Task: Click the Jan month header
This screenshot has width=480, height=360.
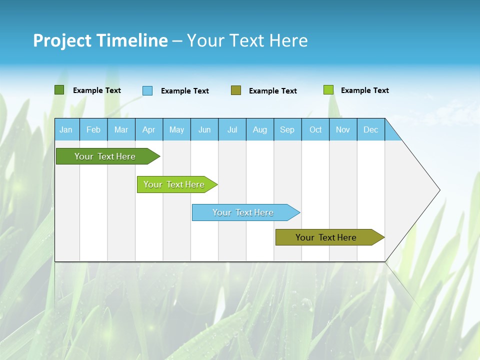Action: tap(66, 129)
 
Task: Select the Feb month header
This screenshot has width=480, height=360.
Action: tap(93, 129)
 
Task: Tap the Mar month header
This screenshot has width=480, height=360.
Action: tap(121, 129)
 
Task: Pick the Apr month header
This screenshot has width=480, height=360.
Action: tap(149, 129)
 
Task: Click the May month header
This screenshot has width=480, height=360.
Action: tap(176, 129)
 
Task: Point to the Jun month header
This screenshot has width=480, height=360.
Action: tap(204, 129)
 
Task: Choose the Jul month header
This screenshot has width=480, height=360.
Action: tap(232, 129)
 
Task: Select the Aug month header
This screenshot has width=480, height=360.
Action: tap(260, 129)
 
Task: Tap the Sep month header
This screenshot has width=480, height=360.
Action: tap(287, 129)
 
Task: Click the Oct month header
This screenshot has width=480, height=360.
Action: tap(315, 129)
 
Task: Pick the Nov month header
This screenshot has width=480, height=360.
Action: tap(343, 129)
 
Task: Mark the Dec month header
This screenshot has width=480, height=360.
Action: tap(371, 129)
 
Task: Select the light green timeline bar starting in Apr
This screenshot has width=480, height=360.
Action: tap(174, 184)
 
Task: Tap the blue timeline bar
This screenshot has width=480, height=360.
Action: tap(243, 212)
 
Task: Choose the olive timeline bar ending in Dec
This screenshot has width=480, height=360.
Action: tap(326, 237)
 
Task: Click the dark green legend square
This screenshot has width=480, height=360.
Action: tap(59, 90)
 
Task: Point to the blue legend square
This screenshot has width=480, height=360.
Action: tap(147, 90)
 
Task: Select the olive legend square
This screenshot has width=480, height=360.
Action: tap(236, 90)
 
